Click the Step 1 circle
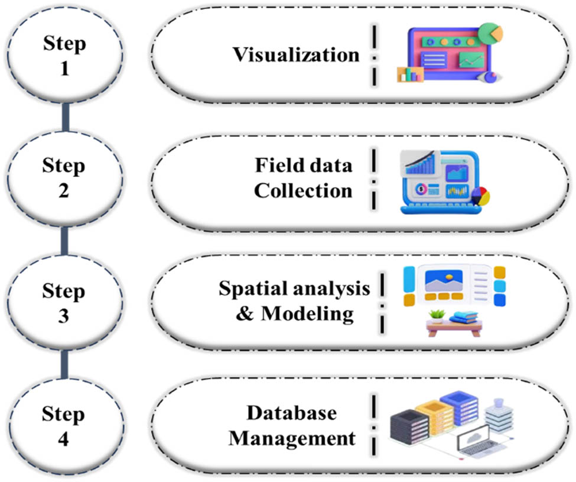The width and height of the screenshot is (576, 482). tap(64, 56)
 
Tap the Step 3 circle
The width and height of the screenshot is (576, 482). tap(64, 303)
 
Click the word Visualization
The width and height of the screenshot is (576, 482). tap(295, 55)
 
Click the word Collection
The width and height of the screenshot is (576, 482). tap(303, 191)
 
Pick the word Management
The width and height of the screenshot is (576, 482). tap(292, 438)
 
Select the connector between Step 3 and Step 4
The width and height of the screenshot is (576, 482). tap(64, 365)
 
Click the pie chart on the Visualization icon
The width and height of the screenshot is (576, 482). tap(490, 33)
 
